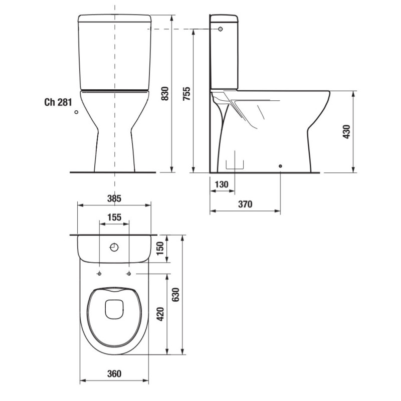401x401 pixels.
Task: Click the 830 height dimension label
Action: pos(165,94)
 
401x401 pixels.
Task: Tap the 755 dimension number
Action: pos(187,94)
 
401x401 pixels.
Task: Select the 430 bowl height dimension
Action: pos(346,132)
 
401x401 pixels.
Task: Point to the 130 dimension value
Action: pos(222,184)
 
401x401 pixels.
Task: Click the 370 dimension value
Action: pos(245,204)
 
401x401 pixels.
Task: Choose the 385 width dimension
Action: pos(114,198)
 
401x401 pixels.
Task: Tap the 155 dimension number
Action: pos(114,218)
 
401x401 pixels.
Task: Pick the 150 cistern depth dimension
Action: pos(160,248)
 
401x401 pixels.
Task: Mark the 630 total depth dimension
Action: pos(176,295)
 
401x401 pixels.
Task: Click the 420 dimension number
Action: pos(160,314)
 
